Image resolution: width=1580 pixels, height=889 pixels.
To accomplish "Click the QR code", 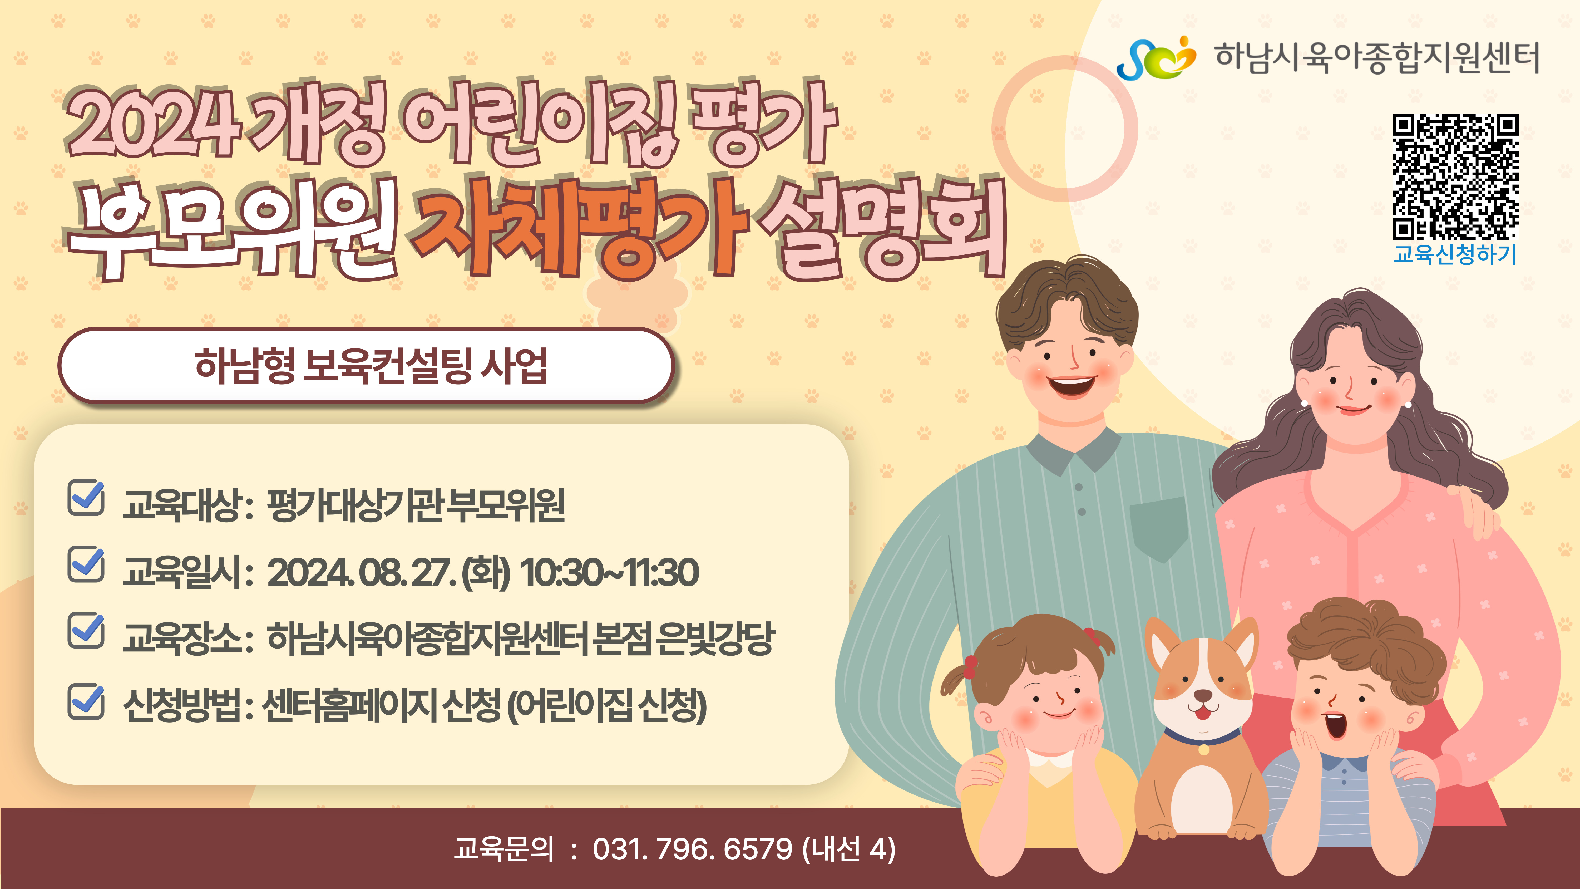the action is tap(1455, 177).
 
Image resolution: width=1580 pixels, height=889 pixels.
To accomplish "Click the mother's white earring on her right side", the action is tap(1408, 405).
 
